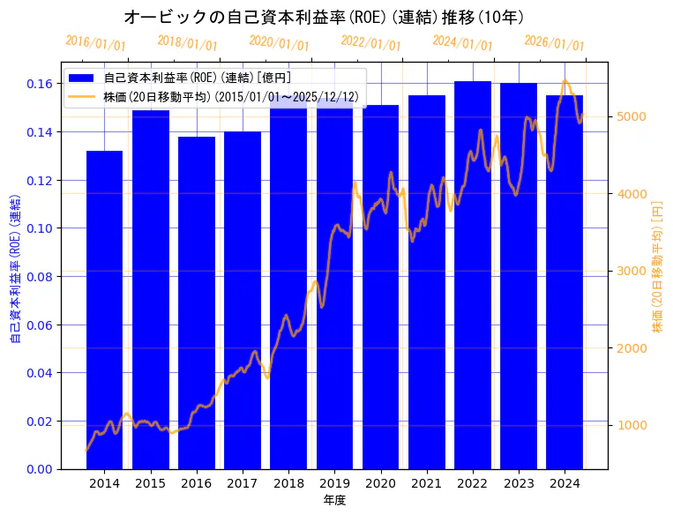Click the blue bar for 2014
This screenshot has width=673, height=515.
point(104,310)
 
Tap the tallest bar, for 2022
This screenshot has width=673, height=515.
point(473,274)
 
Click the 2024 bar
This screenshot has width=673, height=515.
point(565,282)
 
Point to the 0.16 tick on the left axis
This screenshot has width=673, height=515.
point(38,84)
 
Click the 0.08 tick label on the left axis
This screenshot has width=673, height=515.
point(38,277)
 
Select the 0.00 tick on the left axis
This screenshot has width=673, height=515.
point(38,469)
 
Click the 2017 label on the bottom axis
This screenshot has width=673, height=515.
point(243,483)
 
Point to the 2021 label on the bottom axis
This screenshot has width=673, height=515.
point(427,483)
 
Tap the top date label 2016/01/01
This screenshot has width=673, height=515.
point(95,42)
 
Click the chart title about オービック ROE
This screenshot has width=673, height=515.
point(324,17)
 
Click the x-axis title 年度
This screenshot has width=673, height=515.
point(334,500)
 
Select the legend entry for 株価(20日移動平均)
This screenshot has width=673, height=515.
point(230,95)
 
